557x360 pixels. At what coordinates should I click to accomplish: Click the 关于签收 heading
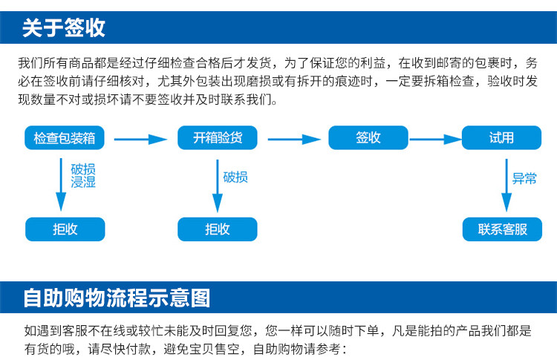(x=64, y=27)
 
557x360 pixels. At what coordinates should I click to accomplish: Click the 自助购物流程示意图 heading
(x=117, y=298)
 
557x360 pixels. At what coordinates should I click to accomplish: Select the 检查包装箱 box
(x=65, y=138)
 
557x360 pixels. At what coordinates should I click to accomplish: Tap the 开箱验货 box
(x=218, y=138)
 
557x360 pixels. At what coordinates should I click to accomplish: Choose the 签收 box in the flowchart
(x=368, y=138)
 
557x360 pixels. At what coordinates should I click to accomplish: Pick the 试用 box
(x=501, y=138)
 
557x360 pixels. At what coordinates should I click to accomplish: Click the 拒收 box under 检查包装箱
(x=65, y=229)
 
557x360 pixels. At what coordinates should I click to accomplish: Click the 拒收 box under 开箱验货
(x=218, y=229)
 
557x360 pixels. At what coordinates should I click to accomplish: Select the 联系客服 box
(x=502, y=229)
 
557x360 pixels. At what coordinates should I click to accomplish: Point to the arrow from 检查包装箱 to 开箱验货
(x=140, y=139)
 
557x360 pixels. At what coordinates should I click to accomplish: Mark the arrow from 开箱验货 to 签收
(x=294, y=139)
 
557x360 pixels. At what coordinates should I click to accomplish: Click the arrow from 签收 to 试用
(x=435, y=139)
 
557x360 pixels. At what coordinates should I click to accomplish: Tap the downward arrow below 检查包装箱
(x=61, y=185)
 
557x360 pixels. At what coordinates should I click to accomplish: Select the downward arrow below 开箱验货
(x=218, y=186)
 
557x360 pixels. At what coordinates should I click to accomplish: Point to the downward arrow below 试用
(x=506, y=186)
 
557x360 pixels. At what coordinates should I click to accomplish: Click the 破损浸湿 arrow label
(x=83, y=175)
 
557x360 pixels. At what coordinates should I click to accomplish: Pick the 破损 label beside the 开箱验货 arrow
(x=235, y=177)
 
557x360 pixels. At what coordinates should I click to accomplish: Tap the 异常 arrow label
(x=524, y=178)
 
